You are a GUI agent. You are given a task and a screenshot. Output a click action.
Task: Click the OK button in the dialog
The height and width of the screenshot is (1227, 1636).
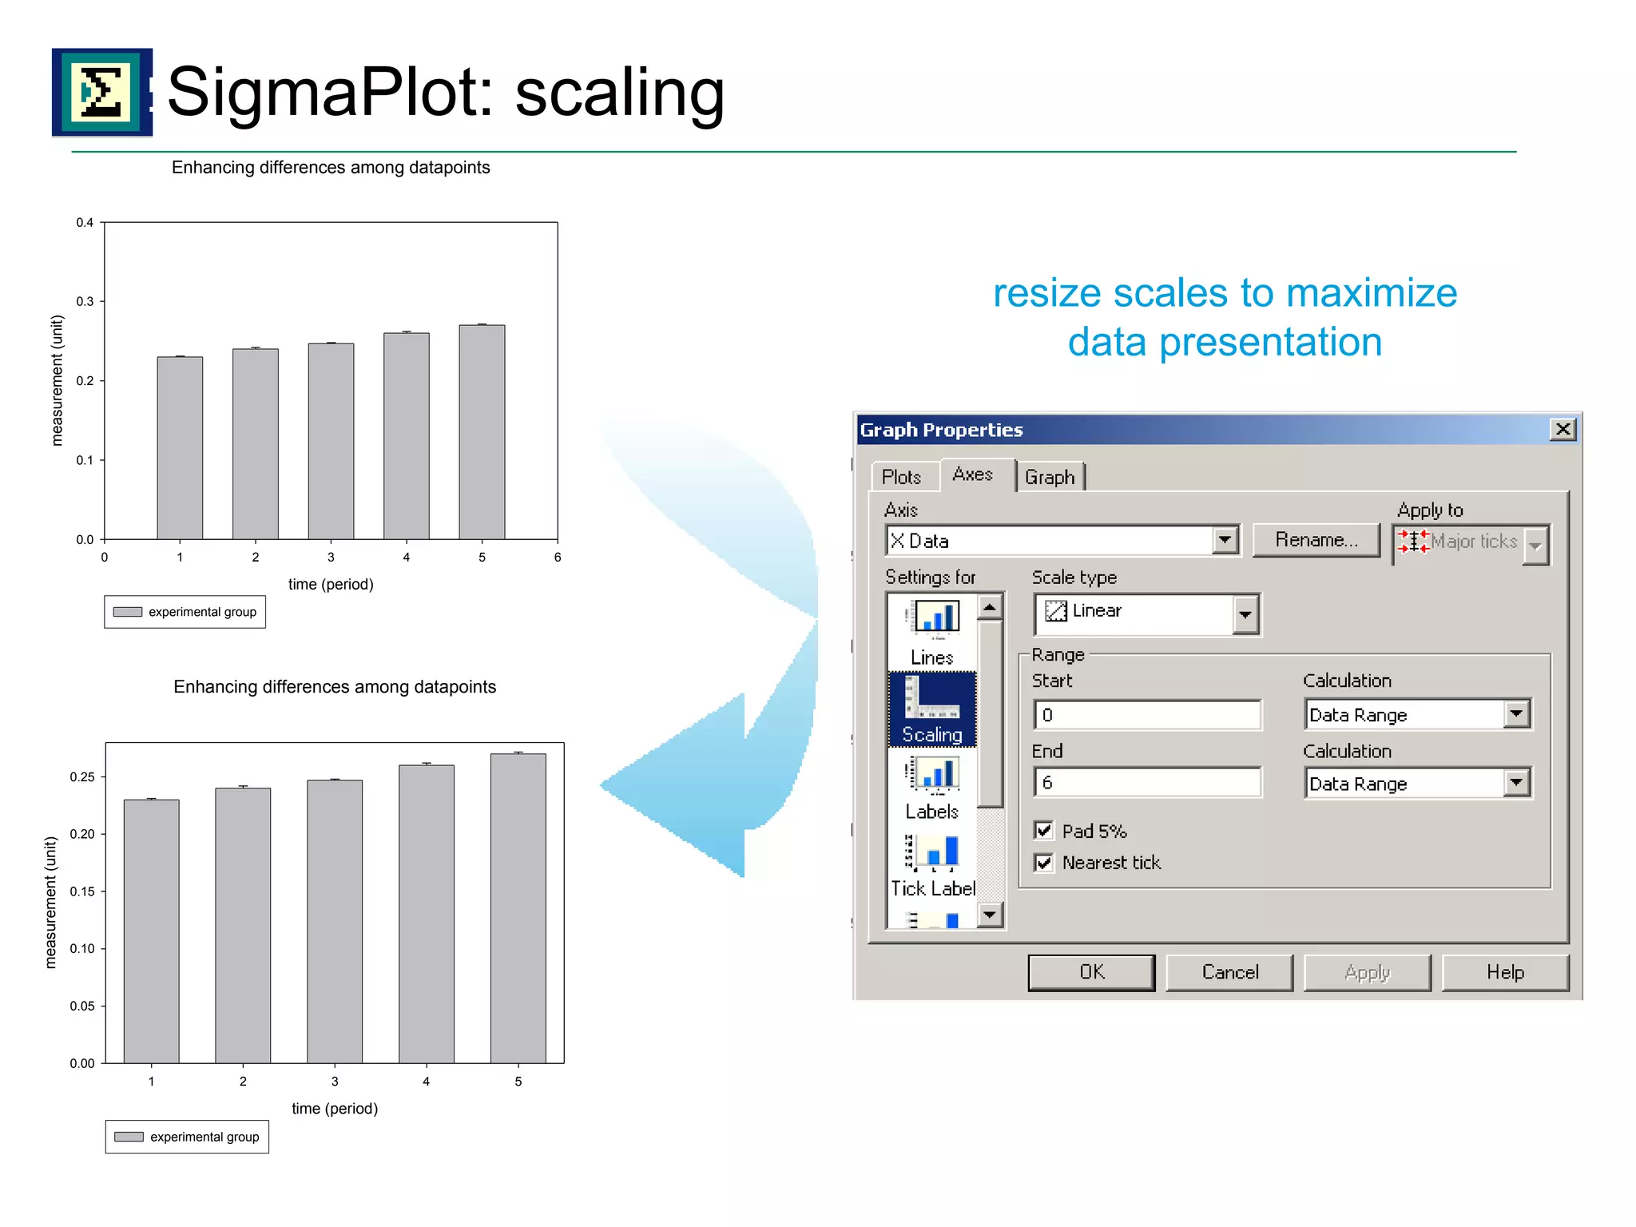pyautogui.click(x=1091, y=972)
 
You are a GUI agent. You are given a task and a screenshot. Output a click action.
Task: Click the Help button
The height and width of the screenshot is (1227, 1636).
pyautogui.click(x=1505, y=972)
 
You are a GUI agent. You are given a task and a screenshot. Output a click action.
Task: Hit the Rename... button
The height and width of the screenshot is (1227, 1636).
pyautogui.click(x=1316, y=540)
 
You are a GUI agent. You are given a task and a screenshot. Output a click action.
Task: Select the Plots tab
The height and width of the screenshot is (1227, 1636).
pyautogui.click(x=901, y=477)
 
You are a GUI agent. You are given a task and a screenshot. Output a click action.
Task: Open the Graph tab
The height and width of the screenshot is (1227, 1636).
pyautogui.click(x=1050, y=477)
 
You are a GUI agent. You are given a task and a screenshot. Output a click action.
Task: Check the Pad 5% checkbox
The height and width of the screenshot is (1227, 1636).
pyautogui.click(x=1043, y=831)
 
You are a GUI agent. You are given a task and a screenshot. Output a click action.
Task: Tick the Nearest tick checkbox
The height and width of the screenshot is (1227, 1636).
pyautogui.click(x=1043, y=863)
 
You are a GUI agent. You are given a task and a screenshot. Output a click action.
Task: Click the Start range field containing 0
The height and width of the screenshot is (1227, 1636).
pyautogui.click(x=1147, y=715)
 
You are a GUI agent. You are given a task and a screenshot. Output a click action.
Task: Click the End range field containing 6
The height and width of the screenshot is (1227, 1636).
pyautogui.click(x=1147, y=783)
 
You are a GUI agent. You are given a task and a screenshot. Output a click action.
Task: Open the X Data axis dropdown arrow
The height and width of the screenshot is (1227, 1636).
pyautogui.click(x=1225, y=541)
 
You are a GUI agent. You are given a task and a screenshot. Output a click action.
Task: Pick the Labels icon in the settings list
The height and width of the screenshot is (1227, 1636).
pyautogui.click(x=932, y=787)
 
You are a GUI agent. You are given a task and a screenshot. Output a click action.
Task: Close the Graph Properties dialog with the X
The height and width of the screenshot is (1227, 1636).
pyautogui.click(x=1563, y=430)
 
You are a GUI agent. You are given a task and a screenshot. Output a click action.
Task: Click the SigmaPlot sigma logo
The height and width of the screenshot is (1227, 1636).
pyautogui.click(x=101, y=92)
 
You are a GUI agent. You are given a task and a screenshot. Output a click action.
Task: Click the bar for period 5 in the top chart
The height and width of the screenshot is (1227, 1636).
pyautogui.click(x=482, y=431)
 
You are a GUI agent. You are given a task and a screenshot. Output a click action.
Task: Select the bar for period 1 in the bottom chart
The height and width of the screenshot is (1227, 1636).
pyautogui.click(x=151, y=931)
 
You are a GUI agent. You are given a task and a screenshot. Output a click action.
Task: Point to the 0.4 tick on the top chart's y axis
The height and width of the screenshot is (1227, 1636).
pyautogui.click(x=85, y=223)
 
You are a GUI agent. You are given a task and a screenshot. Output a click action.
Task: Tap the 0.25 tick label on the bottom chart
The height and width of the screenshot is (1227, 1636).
pyautogui.click(x=81, y=777)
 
